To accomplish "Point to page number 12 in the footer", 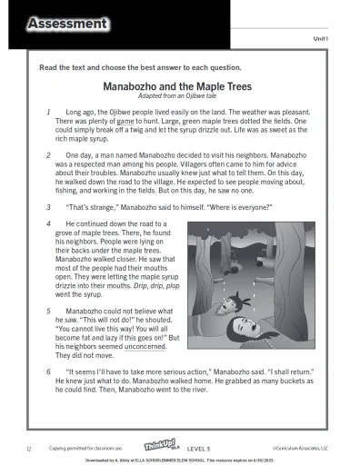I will click(29, 447).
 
